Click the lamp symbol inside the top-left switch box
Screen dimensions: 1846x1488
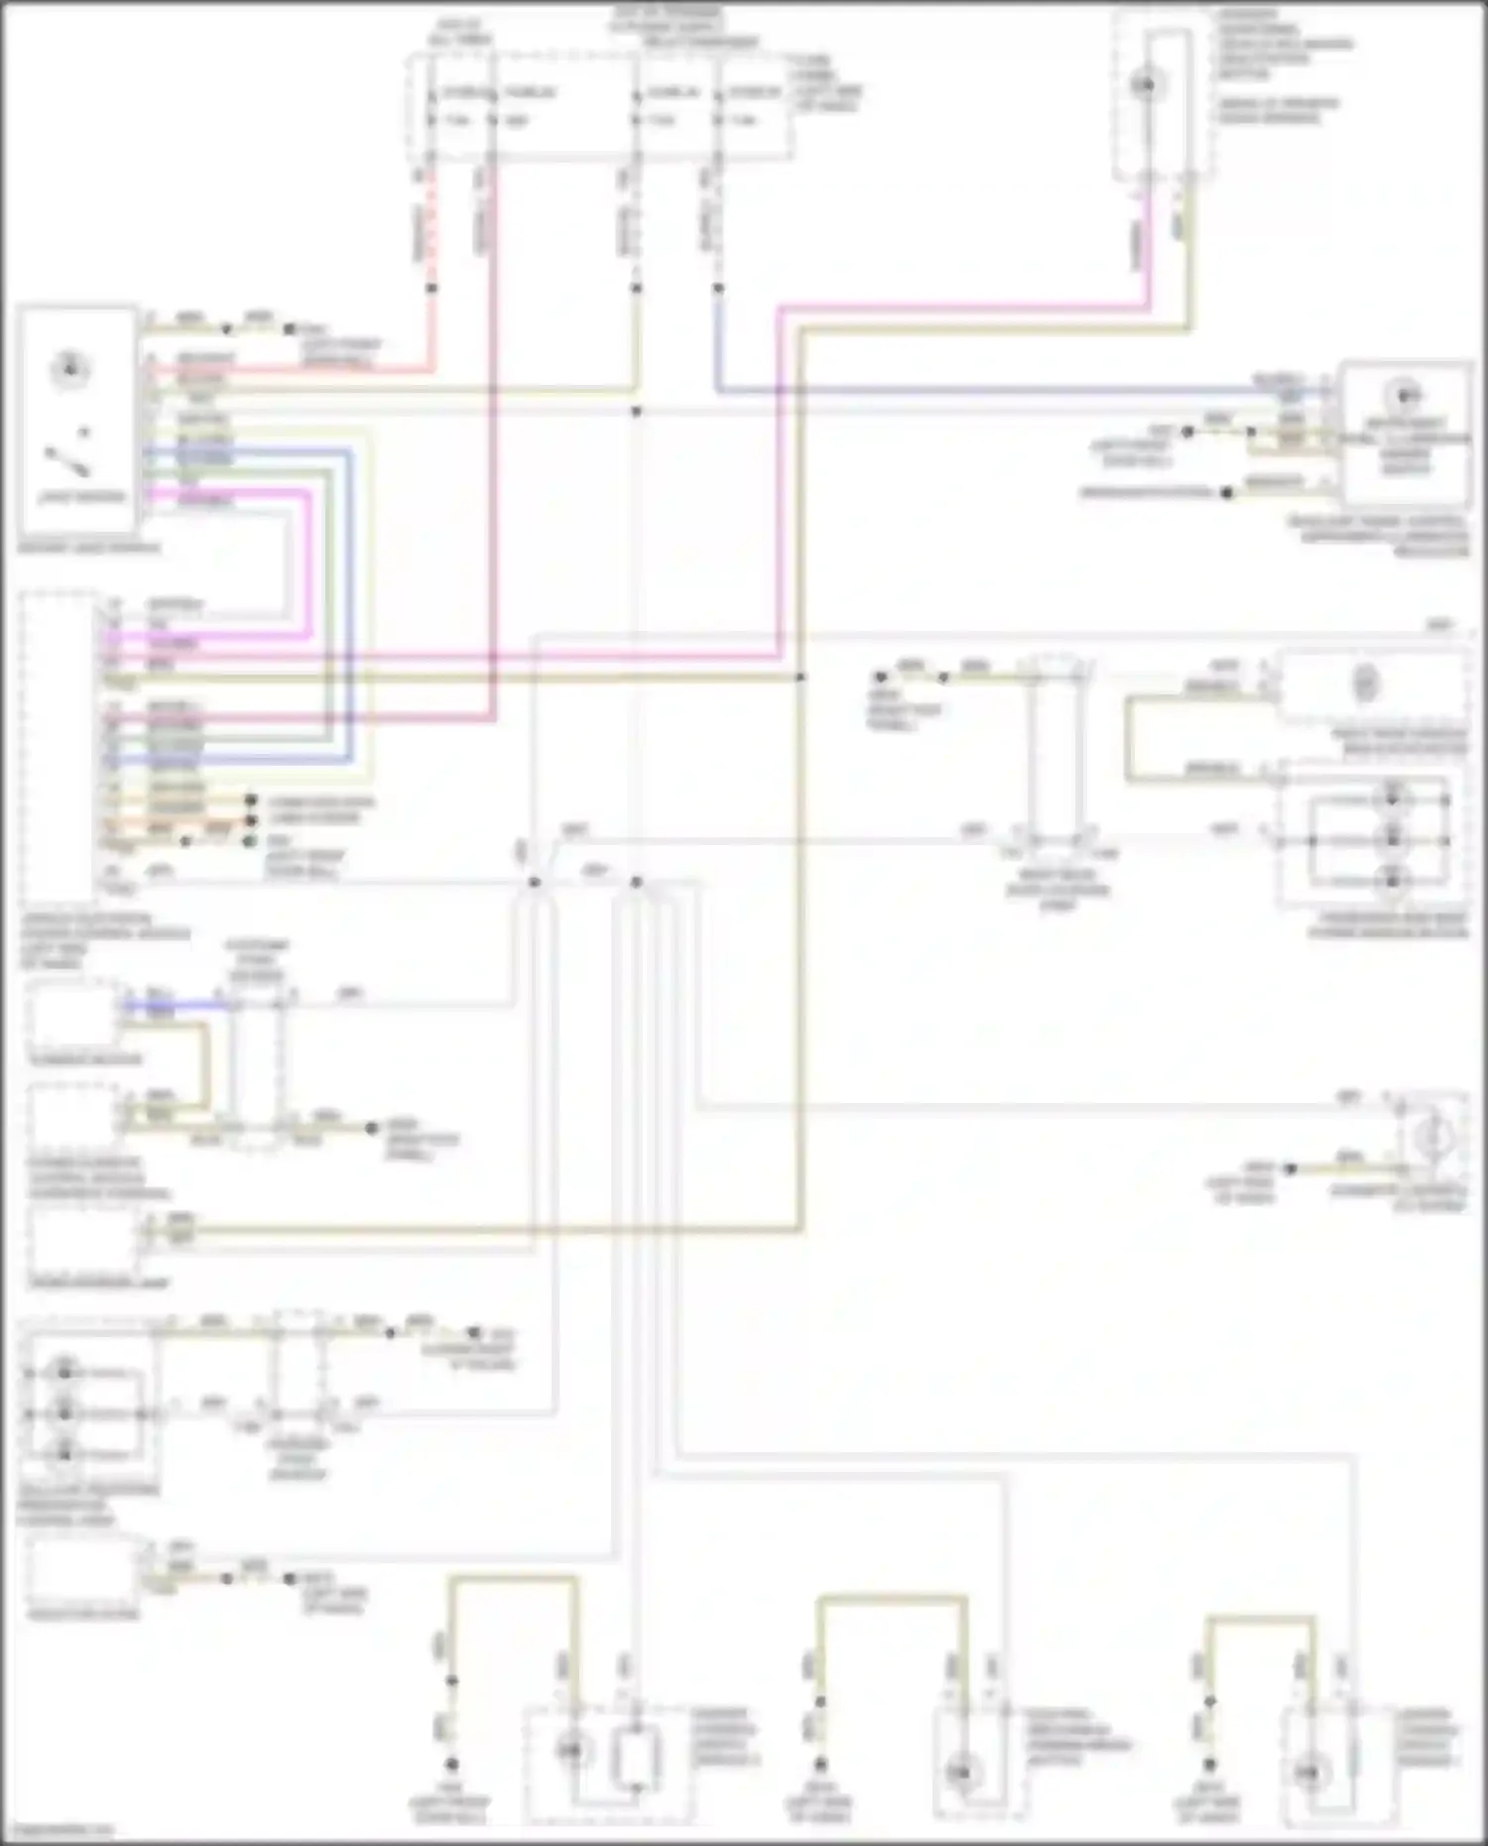click(x=69, y=369)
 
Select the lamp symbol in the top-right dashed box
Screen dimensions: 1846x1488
click(x=1146, y=83)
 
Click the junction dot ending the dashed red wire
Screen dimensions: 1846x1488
click(x=432, y=289)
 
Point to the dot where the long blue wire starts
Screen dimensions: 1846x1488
click(x=717, y=289)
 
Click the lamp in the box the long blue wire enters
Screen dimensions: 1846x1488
click(x=1404, y=397)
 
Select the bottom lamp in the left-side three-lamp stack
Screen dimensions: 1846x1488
click(x=64, y=1453)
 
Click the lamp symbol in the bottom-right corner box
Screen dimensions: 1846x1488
click(x=1312, y=1772)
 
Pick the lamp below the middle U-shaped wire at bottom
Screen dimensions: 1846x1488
click(x=960, y=1772)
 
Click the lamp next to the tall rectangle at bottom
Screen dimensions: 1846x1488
click(x=572, y=1751)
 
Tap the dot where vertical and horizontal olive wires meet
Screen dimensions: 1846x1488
click(x=801, y=677)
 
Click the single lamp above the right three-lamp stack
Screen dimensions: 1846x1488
click(x=1366, y=683)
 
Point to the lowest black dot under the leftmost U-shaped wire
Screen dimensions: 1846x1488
click(x=451, y=1764)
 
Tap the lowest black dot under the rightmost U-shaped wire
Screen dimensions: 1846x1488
click(x=1209, y=1765)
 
